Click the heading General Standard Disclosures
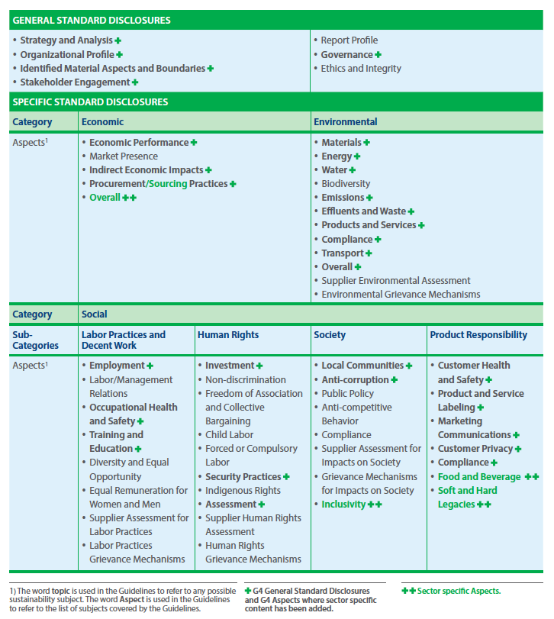tap(92, 21)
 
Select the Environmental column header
tap(345, 122)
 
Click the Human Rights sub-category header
tap(227, 335)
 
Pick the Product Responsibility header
tap(478, 335)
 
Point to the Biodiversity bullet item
tap(346, 184)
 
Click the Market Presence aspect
tap(124, 156)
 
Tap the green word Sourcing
tap(167, 184)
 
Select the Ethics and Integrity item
tap(361, 69)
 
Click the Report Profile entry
tap(349, 40)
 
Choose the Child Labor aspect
tap(229, 435)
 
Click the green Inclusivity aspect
tap(343, 505)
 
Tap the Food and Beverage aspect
tap(479, 477)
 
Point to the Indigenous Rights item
tap(243, 491)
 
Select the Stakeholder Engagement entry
tap(75, 82)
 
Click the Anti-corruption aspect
tap(355, 380)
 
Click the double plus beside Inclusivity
tap(375, 505)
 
